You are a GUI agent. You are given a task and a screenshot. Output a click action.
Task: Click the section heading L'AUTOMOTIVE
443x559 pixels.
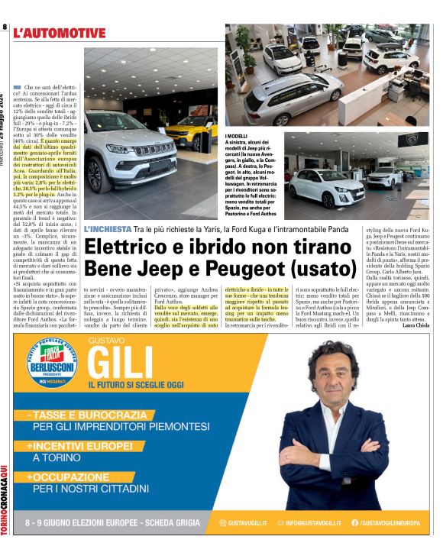tap(65, 33)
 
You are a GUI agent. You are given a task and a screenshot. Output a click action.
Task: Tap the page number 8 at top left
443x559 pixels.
tap(5, 28)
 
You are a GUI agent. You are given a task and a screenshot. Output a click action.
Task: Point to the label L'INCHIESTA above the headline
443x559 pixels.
tap(107, 228)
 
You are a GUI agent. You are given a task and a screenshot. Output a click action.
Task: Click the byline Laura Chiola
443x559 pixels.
tap(415, 326)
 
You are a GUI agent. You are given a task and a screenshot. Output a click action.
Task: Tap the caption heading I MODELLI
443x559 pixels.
tap(241, 135)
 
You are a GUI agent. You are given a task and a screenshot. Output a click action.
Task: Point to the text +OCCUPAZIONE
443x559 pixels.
tap(67, 477)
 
